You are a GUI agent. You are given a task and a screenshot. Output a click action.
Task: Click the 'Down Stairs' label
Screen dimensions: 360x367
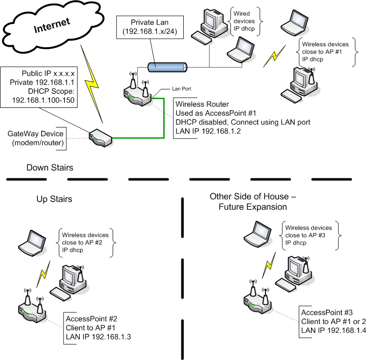click(50, 168)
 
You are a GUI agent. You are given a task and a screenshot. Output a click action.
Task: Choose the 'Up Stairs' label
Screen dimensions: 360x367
click(54, 199)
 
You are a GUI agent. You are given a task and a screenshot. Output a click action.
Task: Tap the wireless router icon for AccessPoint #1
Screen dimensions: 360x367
click(138, 93)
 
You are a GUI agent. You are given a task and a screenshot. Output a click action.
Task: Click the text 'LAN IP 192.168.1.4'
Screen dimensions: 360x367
click(333, 330)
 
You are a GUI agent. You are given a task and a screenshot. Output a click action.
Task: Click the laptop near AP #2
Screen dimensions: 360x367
click(32, 242)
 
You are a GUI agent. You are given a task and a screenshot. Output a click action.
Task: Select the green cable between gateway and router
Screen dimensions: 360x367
click(164, 121)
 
